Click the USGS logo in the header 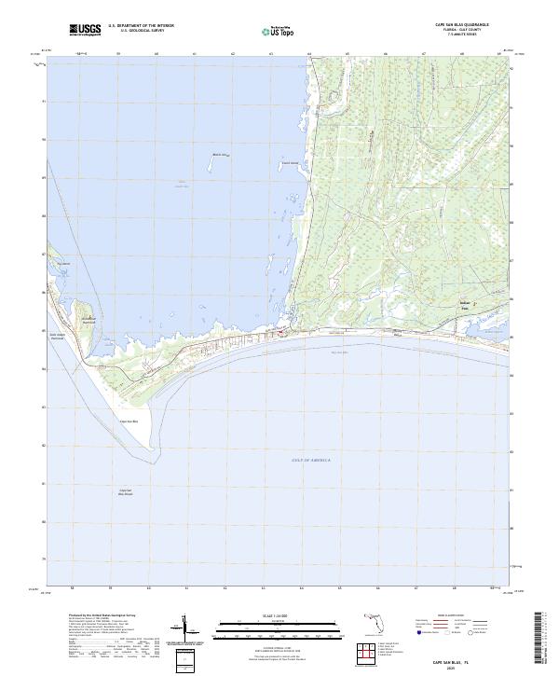(85, 30)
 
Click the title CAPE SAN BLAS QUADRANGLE (460, 25)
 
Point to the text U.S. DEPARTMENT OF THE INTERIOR (141, 26)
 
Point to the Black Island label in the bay (220, 155)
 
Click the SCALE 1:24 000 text (266, 614)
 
